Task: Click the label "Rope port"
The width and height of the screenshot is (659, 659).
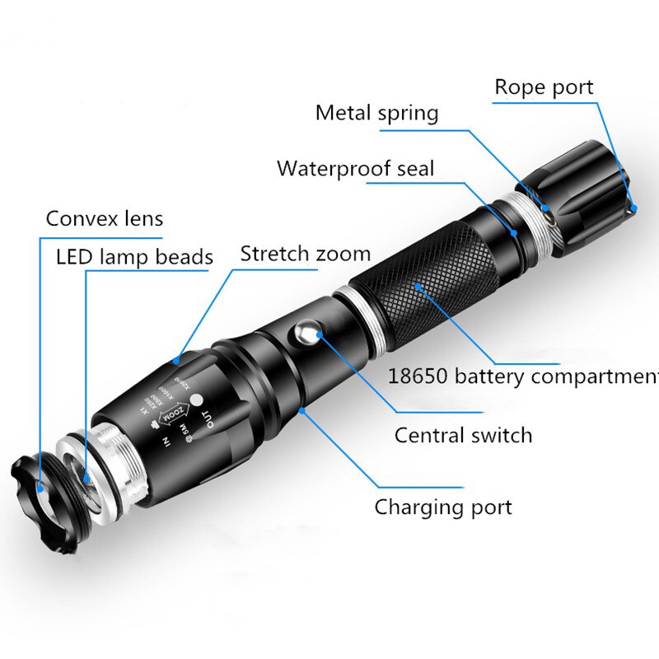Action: (x=544, y=86)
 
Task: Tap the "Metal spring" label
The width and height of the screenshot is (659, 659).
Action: (x=376, y=113)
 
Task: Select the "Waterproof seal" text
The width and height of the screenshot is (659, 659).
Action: (x=355, y=169)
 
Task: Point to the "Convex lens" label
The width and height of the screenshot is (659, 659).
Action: (x=105, y=218)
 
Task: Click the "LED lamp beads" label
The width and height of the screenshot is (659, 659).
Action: (x=134, y=256)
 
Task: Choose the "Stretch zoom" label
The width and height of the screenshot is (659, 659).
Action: (x=305, y=253)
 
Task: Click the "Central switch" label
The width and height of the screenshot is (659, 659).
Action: (x=463, y=434)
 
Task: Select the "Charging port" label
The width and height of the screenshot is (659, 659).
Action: (x=443, y=507)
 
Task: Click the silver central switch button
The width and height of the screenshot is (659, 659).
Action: (x=307, y=334)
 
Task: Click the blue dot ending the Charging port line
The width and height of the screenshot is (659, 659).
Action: (x=302, y=409)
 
